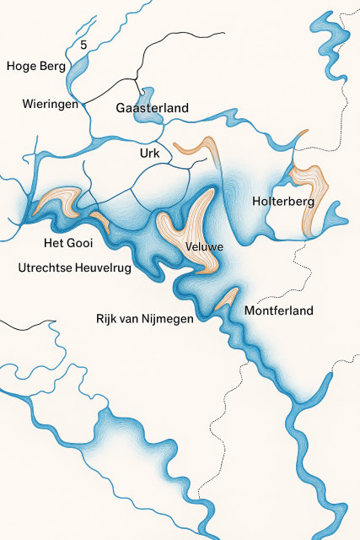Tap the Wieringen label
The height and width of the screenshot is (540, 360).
[x=51, y=105]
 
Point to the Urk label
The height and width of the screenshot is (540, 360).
[x=148, y=154]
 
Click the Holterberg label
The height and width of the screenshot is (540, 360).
[x=283, y=202]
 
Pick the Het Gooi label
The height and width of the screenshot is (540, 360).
[x=68, y=244]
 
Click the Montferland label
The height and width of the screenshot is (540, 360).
[x=278, y=310]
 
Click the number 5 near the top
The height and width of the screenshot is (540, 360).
[x=83, y=45]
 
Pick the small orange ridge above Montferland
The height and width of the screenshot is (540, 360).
[x=226, y=297]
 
